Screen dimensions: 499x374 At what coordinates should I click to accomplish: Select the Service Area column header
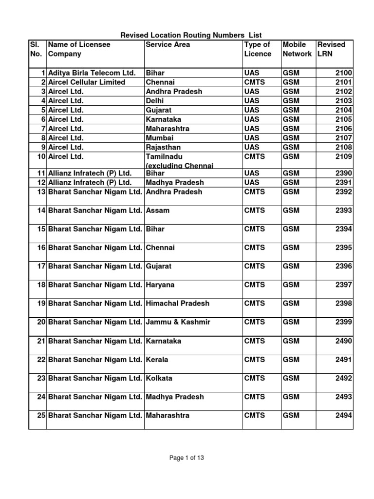coord(168,45)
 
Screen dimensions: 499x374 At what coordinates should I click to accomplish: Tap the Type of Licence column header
coord(257,49)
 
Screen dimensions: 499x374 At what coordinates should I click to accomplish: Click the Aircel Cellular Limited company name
coord(86,82)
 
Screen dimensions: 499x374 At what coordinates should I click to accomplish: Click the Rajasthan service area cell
coord(164,147)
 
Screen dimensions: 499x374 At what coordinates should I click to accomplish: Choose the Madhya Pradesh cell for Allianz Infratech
coord(175,183)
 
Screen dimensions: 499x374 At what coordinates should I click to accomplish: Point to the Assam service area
coord(157,211)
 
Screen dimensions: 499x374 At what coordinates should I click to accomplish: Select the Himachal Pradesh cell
coord(178,304)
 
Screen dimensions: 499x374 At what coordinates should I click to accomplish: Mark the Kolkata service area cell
coord(159,378)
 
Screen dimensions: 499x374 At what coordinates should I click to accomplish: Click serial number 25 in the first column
coord(41,416)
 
